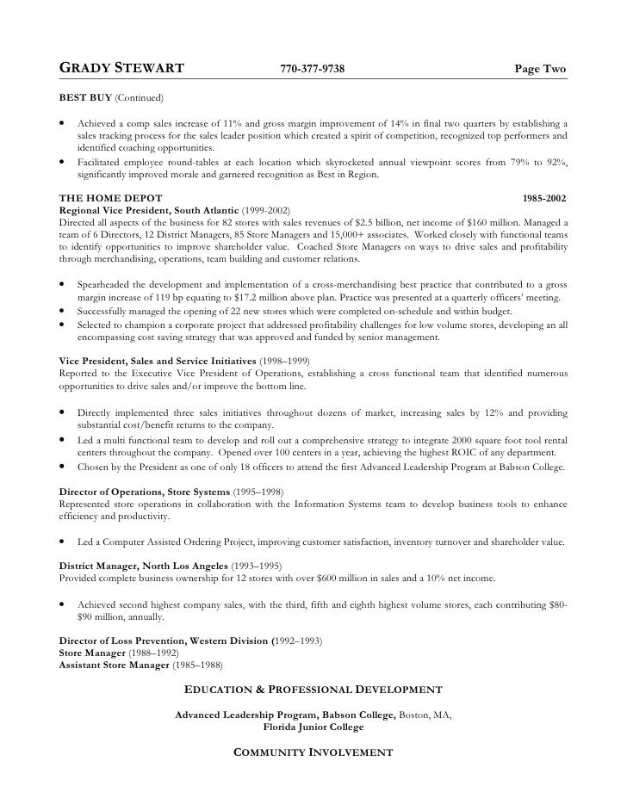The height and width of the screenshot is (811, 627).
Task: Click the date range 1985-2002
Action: [x=544, y=198]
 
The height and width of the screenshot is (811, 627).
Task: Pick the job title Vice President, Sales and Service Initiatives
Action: [x=157, y=361]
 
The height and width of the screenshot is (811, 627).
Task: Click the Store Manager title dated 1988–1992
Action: [x=92, y=653]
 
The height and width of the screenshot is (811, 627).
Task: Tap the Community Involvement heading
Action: [x=313, y=752]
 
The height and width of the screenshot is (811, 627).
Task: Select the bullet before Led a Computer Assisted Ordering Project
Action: [x=64, y=542]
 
